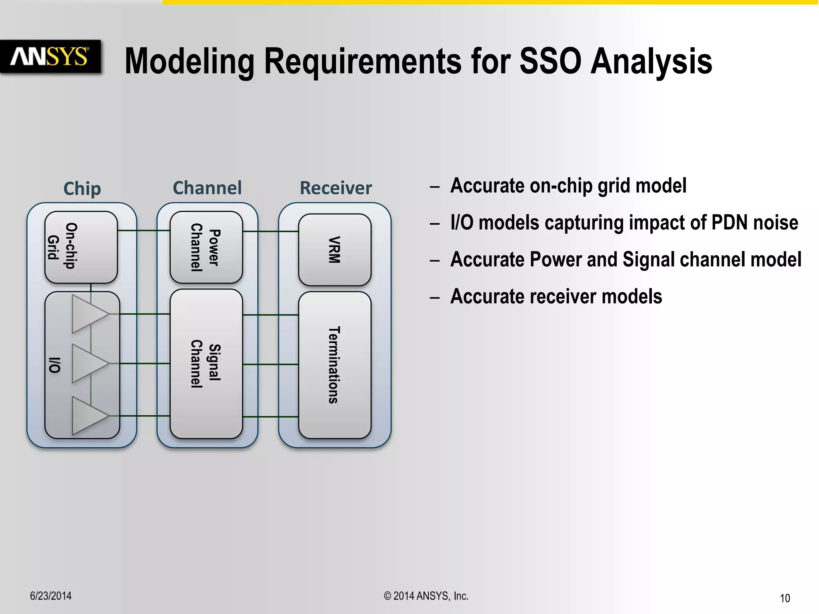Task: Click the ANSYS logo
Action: click(50, 56)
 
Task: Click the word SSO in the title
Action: click(550, 62)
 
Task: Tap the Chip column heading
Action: click(82, 188)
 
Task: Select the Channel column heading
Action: click(207, 188)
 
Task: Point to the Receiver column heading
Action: click(336, 188)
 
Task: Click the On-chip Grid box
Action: click(81, 247)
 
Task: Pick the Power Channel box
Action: click(206, 247)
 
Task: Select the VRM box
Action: click(334, 250)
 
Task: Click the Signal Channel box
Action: click(206, 364)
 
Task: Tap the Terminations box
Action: click(334, 365)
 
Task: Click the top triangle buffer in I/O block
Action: click(88, 314)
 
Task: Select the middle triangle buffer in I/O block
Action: click(88, 363)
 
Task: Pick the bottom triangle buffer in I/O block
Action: click(88, 416)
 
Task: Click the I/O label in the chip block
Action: click(54, 365)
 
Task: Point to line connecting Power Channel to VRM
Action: click(270, 231)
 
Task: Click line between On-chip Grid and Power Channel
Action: click(143, 231)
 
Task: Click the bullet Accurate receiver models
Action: click(556, 297)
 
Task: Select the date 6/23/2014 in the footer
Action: click(51, 596)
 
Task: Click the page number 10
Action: click(785, 598)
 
